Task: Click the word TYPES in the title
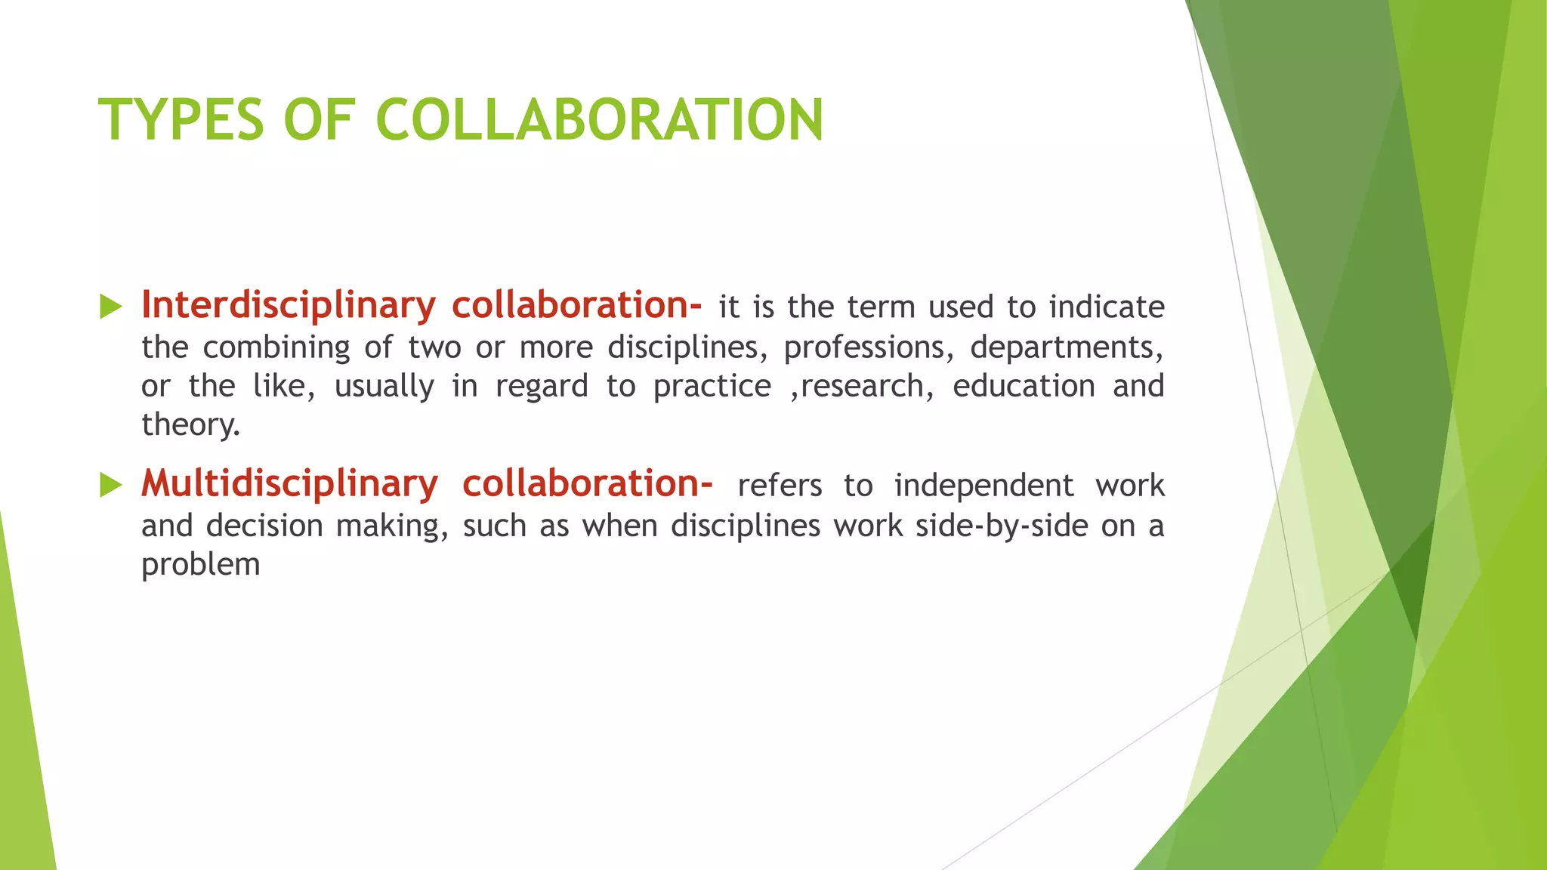coord(181,119)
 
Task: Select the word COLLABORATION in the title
coord(599,119)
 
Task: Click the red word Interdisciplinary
coord(289,306)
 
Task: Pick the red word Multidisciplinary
coord(289,484)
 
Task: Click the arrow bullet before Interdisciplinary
coord(111,307)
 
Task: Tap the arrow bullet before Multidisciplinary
coord(111,486)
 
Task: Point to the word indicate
coord(1107,307)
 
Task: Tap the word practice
coord(712,387)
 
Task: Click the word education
coord(1024,387)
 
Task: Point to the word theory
coord(190,425)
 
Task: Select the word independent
coord(983,486)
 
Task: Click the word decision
coord(264,526)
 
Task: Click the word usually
coord(384,387)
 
